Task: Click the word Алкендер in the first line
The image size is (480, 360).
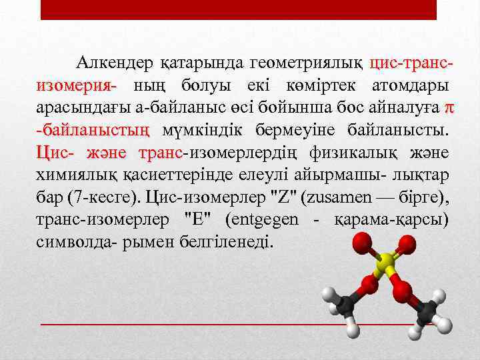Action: pos(115,64)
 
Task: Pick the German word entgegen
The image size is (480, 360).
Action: pos(265,219)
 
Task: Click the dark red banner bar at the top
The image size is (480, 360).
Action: pos(239,9)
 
